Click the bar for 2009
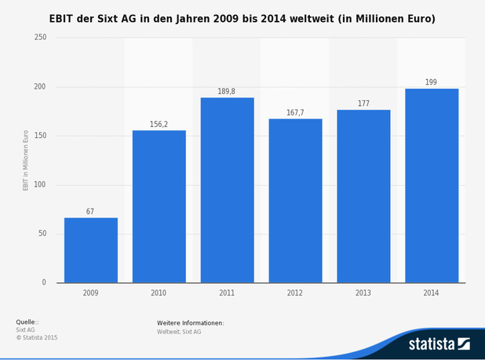[91, 250]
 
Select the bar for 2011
[227, 190]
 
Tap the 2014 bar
[432, 186]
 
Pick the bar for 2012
[295, 201]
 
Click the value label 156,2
[159, 124]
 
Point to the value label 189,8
[227, 92]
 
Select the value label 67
[90, 212]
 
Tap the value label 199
[432, 82]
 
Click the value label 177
[363, 104]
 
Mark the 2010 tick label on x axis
[159, 293]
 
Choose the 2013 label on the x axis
[363, 293]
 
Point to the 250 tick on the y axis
[40, 38]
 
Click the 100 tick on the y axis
[40, 185]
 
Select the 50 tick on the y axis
[42, 234]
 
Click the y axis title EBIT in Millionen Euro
[25, 160]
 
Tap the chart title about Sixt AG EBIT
[242, 18]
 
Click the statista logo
[438, 344]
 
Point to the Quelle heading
[27, 322]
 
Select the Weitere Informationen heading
[190, 322]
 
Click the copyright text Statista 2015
[37, 338]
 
